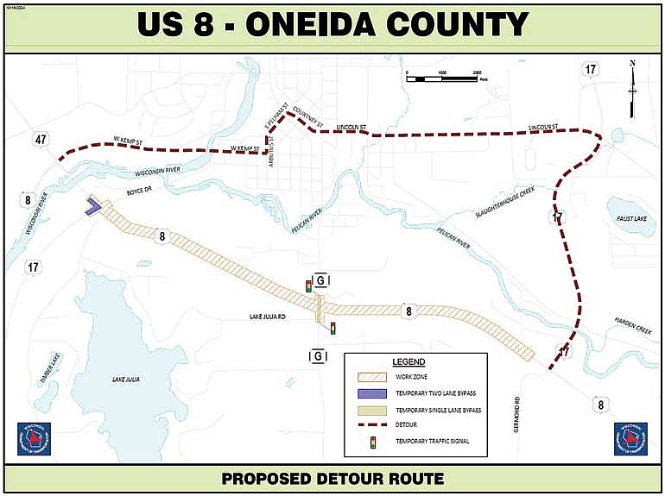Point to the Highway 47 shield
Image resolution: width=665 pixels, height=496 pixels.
coord(41,140)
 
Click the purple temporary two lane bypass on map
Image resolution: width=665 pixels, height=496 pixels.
coord(92,206)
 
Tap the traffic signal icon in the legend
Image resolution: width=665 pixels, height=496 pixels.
coord(373,443)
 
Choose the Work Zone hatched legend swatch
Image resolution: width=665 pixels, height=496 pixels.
coord(373,376)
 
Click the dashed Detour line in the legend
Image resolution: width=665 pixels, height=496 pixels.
coord(373,425)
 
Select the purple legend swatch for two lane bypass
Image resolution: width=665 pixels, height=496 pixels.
coord(373,392)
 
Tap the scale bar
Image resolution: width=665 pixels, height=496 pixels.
coord(440,78)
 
